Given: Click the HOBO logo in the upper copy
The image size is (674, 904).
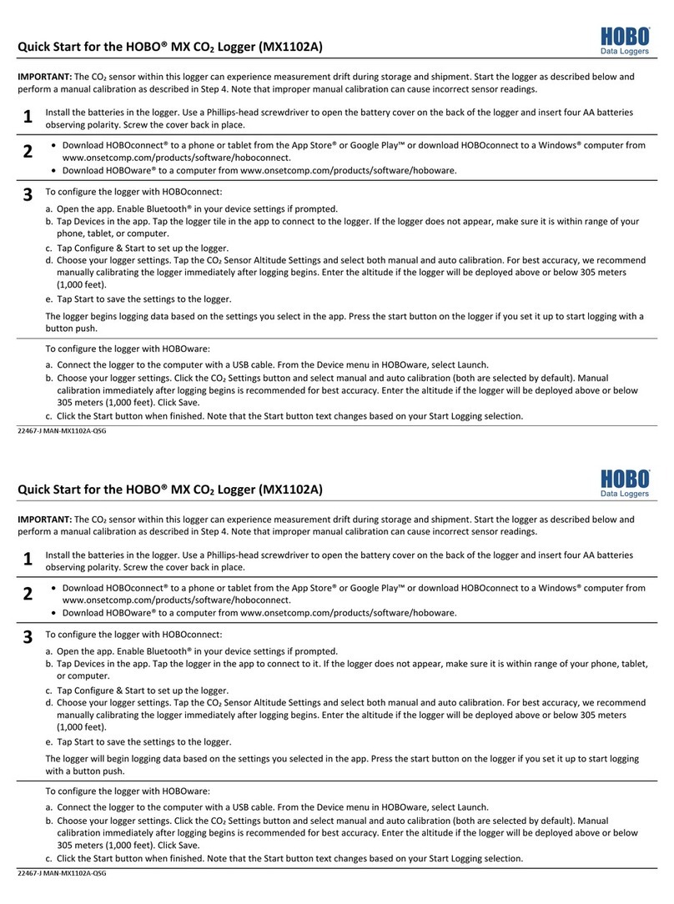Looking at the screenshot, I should [x=624, y=40].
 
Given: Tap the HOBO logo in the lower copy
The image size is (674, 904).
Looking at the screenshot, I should [x=624, y=484].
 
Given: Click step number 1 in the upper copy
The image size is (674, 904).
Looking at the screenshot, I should [x=28, y=118].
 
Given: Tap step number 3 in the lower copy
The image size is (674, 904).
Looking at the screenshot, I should [x=28, y=637].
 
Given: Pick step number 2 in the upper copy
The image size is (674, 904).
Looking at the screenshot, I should [x=28, y=152].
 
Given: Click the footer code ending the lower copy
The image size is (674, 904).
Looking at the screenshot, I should [x=63, y=873].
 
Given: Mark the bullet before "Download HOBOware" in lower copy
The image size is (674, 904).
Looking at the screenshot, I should [x=54, y=613].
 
